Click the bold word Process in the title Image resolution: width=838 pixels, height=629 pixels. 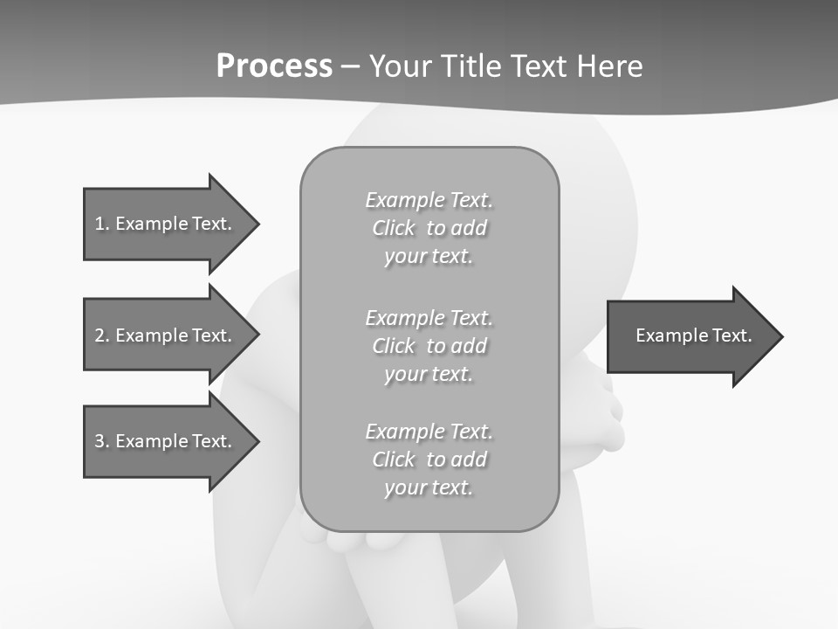[274, 66]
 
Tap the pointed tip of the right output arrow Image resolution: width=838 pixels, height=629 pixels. [781, 336]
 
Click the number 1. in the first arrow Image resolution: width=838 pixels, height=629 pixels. [102, 224]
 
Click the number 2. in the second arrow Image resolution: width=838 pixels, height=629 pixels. [102, 335]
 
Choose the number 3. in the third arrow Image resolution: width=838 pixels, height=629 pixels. [102, 441]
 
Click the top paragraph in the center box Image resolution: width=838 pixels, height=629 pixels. [429, 228]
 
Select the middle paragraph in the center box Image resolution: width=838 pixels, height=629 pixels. [429, 346]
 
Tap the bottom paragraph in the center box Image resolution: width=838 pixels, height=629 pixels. [429, 460]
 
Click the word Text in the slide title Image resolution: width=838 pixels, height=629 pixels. [535, 66]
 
